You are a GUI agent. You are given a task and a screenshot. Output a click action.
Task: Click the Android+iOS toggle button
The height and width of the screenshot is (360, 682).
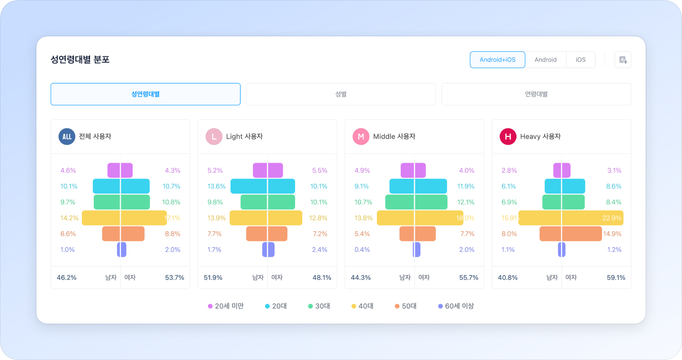click(497, 60)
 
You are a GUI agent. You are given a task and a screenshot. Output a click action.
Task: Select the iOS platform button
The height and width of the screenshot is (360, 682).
click(581, 60)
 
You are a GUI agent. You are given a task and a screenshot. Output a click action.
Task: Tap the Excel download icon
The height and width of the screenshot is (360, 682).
click(623, 60)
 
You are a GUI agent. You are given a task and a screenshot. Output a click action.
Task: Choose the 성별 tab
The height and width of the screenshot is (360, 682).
click(341, 94)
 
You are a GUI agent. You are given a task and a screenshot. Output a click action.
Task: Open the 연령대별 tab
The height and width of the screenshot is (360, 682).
click(536, 94)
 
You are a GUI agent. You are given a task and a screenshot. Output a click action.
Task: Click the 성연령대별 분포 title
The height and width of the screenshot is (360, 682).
click(80, 60)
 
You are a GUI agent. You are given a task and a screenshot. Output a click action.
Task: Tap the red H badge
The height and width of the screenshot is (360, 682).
click(508, 136)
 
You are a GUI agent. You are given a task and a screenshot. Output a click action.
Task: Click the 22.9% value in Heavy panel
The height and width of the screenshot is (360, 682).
click(612, 218)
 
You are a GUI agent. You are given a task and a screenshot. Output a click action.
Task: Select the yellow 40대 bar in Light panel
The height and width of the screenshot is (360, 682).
click(266, 218)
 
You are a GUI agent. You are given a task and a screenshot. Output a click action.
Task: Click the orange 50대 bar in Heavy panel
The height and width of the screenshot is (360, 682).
click(571, 234)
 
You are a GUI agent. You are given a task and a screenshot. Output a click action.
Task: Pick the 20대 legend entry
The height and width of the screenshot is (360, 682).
click(276, 306)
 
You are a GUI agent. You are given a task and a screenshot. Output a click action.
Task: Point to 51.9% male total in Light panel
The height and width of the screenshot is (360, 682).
click(213, 277)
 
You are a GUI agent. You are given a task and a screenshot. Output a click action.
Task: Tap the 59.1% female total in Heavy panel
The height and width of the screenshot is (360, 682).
click(616, 277)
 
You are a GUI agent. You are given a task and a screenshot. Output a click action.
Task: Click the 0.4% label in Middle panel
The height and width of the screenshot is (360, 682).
click(362, 250)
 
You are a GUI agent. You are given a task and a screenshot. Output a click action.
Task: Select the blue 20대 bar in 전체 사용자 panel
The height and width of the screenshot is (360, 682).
click(121, 186)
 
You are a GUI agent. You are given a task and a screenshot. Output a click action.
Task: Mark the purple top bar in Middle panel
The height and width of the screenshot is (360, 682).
click(413, 170)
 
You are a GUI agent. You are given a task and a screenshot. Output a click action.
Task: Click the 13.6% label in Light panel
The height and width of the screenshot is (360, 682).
click(216, 186)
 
